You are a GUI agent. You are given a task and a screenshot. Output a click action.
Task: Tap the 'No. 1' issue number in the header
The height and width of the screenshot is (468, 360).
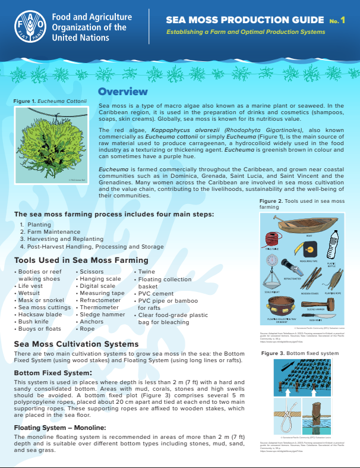click(x=337, y=21)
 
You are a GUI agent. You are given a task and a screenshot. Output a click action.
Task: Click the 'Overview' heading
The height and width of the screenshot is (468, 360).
click(x=122, y=92)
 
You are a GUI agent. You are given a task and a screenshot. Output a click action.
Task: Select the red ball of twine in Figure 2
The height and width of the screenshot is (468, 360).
click(x=273, y=238)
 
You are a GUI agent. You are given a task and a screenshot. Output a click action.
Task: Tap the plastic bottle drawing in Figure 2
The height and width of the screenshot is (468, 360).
click(x=333, y=244)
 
